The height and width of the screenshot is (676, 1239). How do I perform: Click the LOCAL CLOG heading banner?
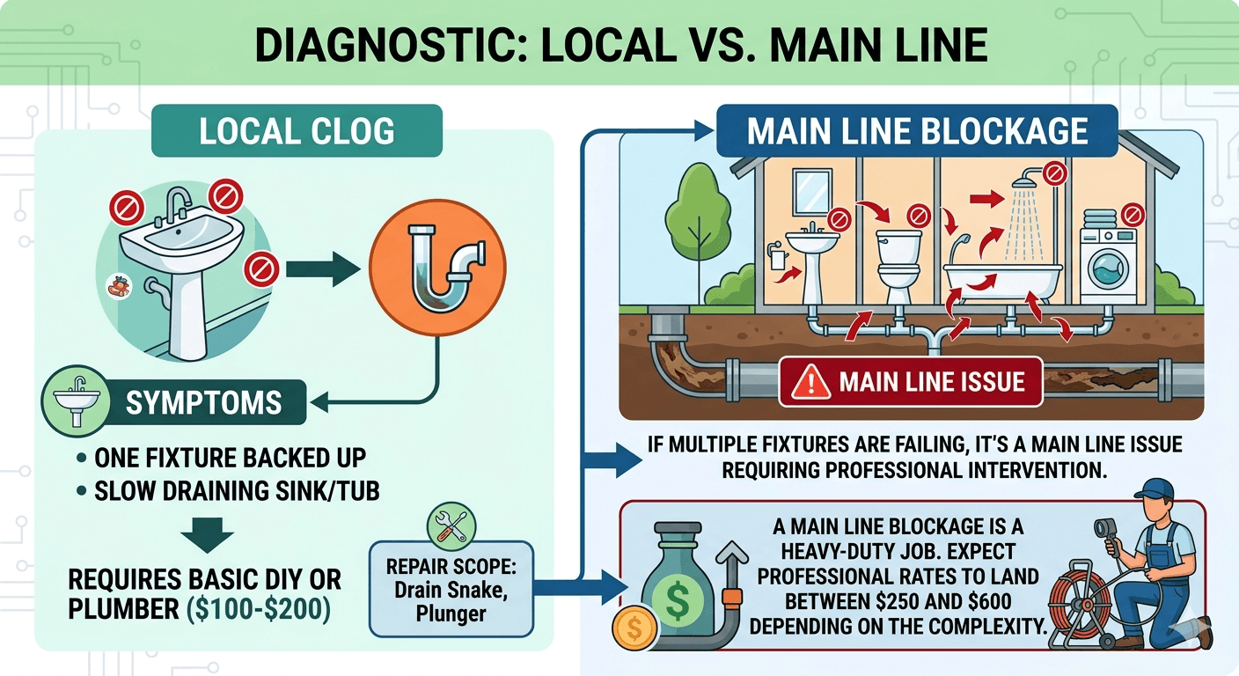point(297,130)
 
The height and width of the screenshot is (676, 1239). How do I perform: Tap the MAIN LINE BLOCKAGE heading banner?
point(917,130)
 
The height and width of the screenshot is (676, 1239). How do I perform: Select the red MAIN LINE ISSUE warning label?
point(911,382)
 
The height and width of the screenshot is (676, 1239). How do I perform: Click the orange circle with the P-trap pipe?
point(437,268)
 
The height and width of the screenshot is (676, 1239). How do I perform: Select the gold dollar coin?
point(634,629)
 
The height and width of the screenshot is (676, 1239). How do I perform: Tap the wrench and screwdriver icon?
point(451,526)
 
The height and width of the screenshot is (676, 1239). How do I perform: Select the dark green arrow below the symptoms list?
point(208,535)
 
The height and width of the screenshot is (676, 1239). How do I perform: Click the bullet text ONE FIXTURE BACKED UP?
point(230,458)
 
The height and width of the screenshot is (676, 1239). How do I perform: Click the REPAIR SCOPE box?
point(451,589)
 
